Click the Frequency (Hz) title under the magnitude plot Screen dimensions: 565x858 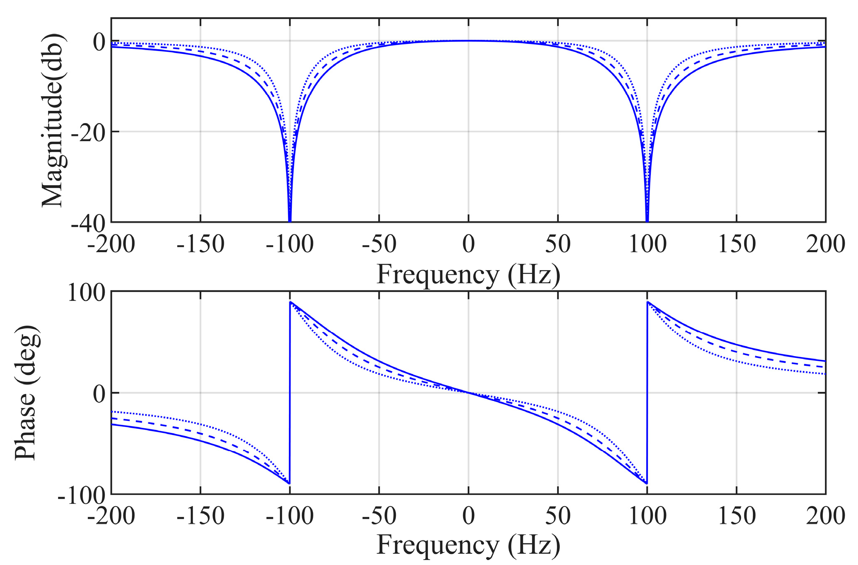click(x=468, y=275)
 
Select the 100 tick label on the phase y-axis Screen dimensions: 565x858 click(x=87, y=293)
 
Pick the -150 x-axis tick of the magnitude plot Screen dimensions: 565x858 click(x=200, y=244)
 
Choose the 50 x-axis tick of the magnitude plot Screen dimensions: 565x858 click(x=557, y=244)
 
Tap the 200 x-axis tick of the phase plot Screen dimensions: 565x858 click(x=825, y=516)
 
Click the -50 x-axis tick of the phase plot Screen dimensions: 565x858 click(x=379, y=516)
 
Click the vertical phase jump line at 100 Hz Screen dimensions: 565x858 click(x=647, y=393)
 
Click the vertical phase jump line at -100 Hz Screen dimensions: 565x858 click(x=290, y=393)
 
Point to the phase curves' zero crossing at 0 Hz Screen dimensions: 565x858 click(x=468, y=393)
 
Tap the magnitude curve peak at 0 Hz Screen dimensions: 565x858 click(x=468, y=41)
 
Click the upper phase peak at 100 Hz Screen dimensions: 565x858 click(x=647, y=302)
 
